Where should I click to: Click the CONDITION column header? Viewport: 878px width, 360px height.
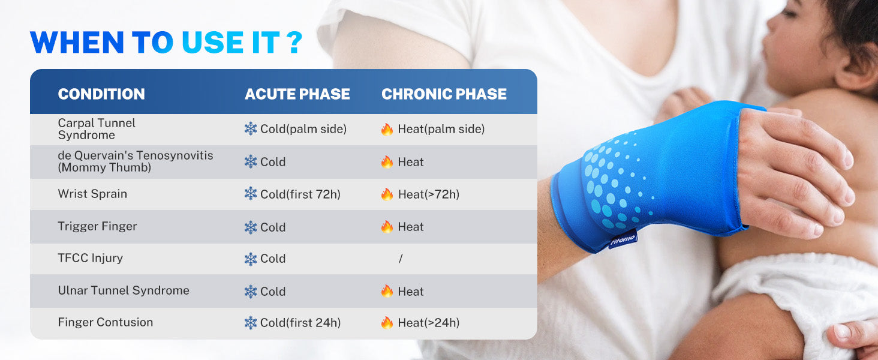101,94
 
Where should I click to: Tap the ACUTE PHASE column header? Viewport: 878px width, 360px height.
297,94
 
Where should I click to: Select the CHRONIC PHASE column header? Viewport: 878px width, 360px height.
444,94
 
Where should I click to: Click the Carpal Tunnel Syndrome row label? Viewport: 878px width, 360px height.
97,129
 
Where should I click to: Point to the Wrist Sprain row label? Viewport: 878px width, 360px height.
92,194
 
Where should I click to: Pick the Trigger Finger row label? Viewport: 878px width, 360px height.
97,226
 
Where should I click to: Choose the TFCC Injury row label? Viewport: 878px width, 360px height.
90,258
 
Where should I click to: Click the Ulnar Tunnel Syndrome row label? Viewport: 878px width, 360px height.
124,290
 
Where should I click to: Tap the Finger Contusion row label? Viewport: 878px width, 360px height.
106,322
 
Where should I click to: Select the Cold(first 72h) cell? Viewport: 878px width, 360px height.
300,194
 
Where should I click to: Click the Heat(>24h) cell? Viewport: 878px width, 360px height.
428,323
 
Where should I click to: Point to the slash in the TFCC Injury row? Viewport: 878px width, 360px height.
400,259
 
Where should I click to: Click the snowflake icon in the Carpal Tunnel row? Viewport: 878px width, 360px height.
251,128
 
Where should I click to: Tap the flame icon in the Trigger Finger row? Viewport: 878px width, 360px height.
387,226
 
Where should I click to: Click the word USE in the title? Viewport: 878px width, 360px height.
212,43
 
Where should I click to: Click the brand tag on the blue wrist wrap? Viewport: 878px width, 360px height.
623,239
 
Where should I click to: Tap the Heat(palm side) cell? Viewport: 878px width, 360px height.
441,129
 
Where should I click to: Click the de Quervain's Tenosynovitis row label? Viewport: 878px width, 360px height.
135,161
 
